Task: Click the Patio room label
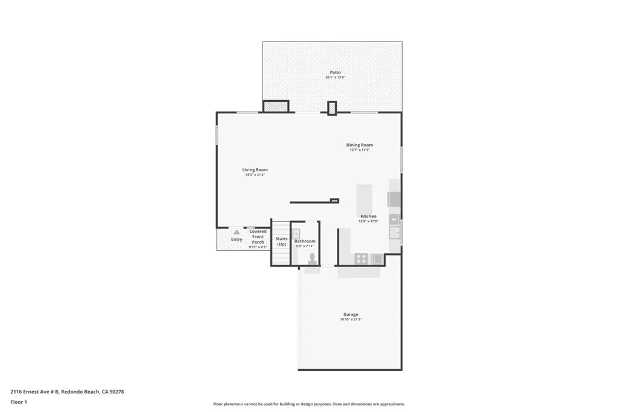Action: tap(335, 72)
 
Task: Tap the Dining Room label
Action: tap(359, 145)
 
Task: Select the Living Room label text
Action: tap(255, 170)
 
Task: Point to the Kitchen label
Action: tap(368, 216)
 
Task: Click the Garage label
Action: tap(351, 314)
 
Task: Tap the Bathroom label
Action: tap(305, 241)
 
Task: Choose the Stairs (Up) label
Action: tap(281, 241)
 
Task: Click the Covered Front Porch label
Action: tap(258, 236)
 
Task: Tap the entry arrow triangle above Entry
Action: tap(237, 232)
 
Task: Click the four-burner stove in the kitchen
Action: tap(361, 258)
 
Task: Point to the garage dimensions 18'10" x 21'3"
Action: tap(351, 320)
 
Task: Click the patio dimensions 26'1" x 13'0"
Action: tap(335, 78)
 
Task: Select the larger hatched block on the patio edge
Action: tap(276, 106)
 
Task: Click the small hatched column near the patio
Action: tap(332, 108)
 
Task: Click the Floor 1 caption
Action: tap(19, 402)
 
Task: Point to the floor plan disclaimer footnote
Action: tap(308, 404)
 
